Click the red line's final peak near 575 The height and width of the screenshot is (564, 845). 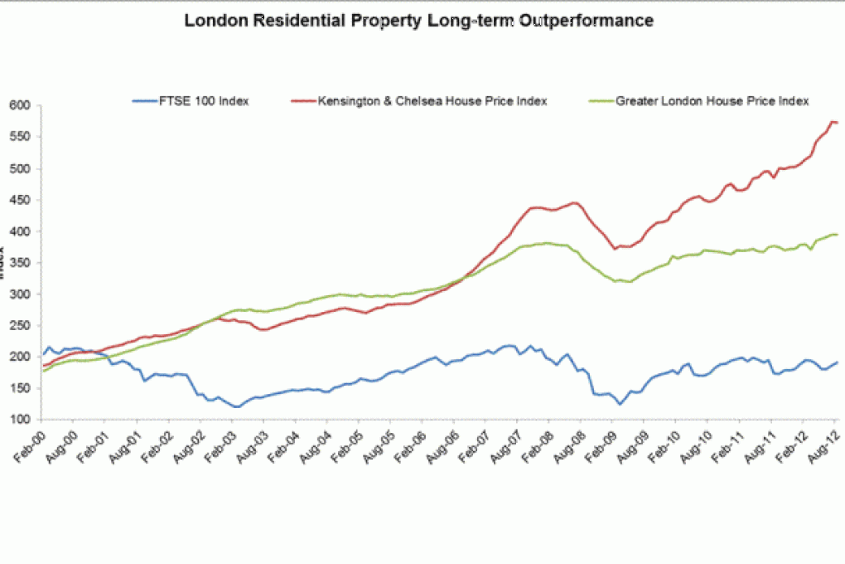pos(831,122)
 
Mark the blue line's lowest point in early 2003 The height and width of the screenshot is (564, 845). pos(237,406)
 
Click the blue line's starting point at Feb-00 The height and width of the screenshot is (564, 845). pos(43,354)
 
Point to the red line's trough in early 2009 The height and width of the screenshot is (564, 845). pos(615,248)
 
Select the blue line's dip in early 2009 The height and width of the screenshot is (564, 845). pos(619,404)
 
